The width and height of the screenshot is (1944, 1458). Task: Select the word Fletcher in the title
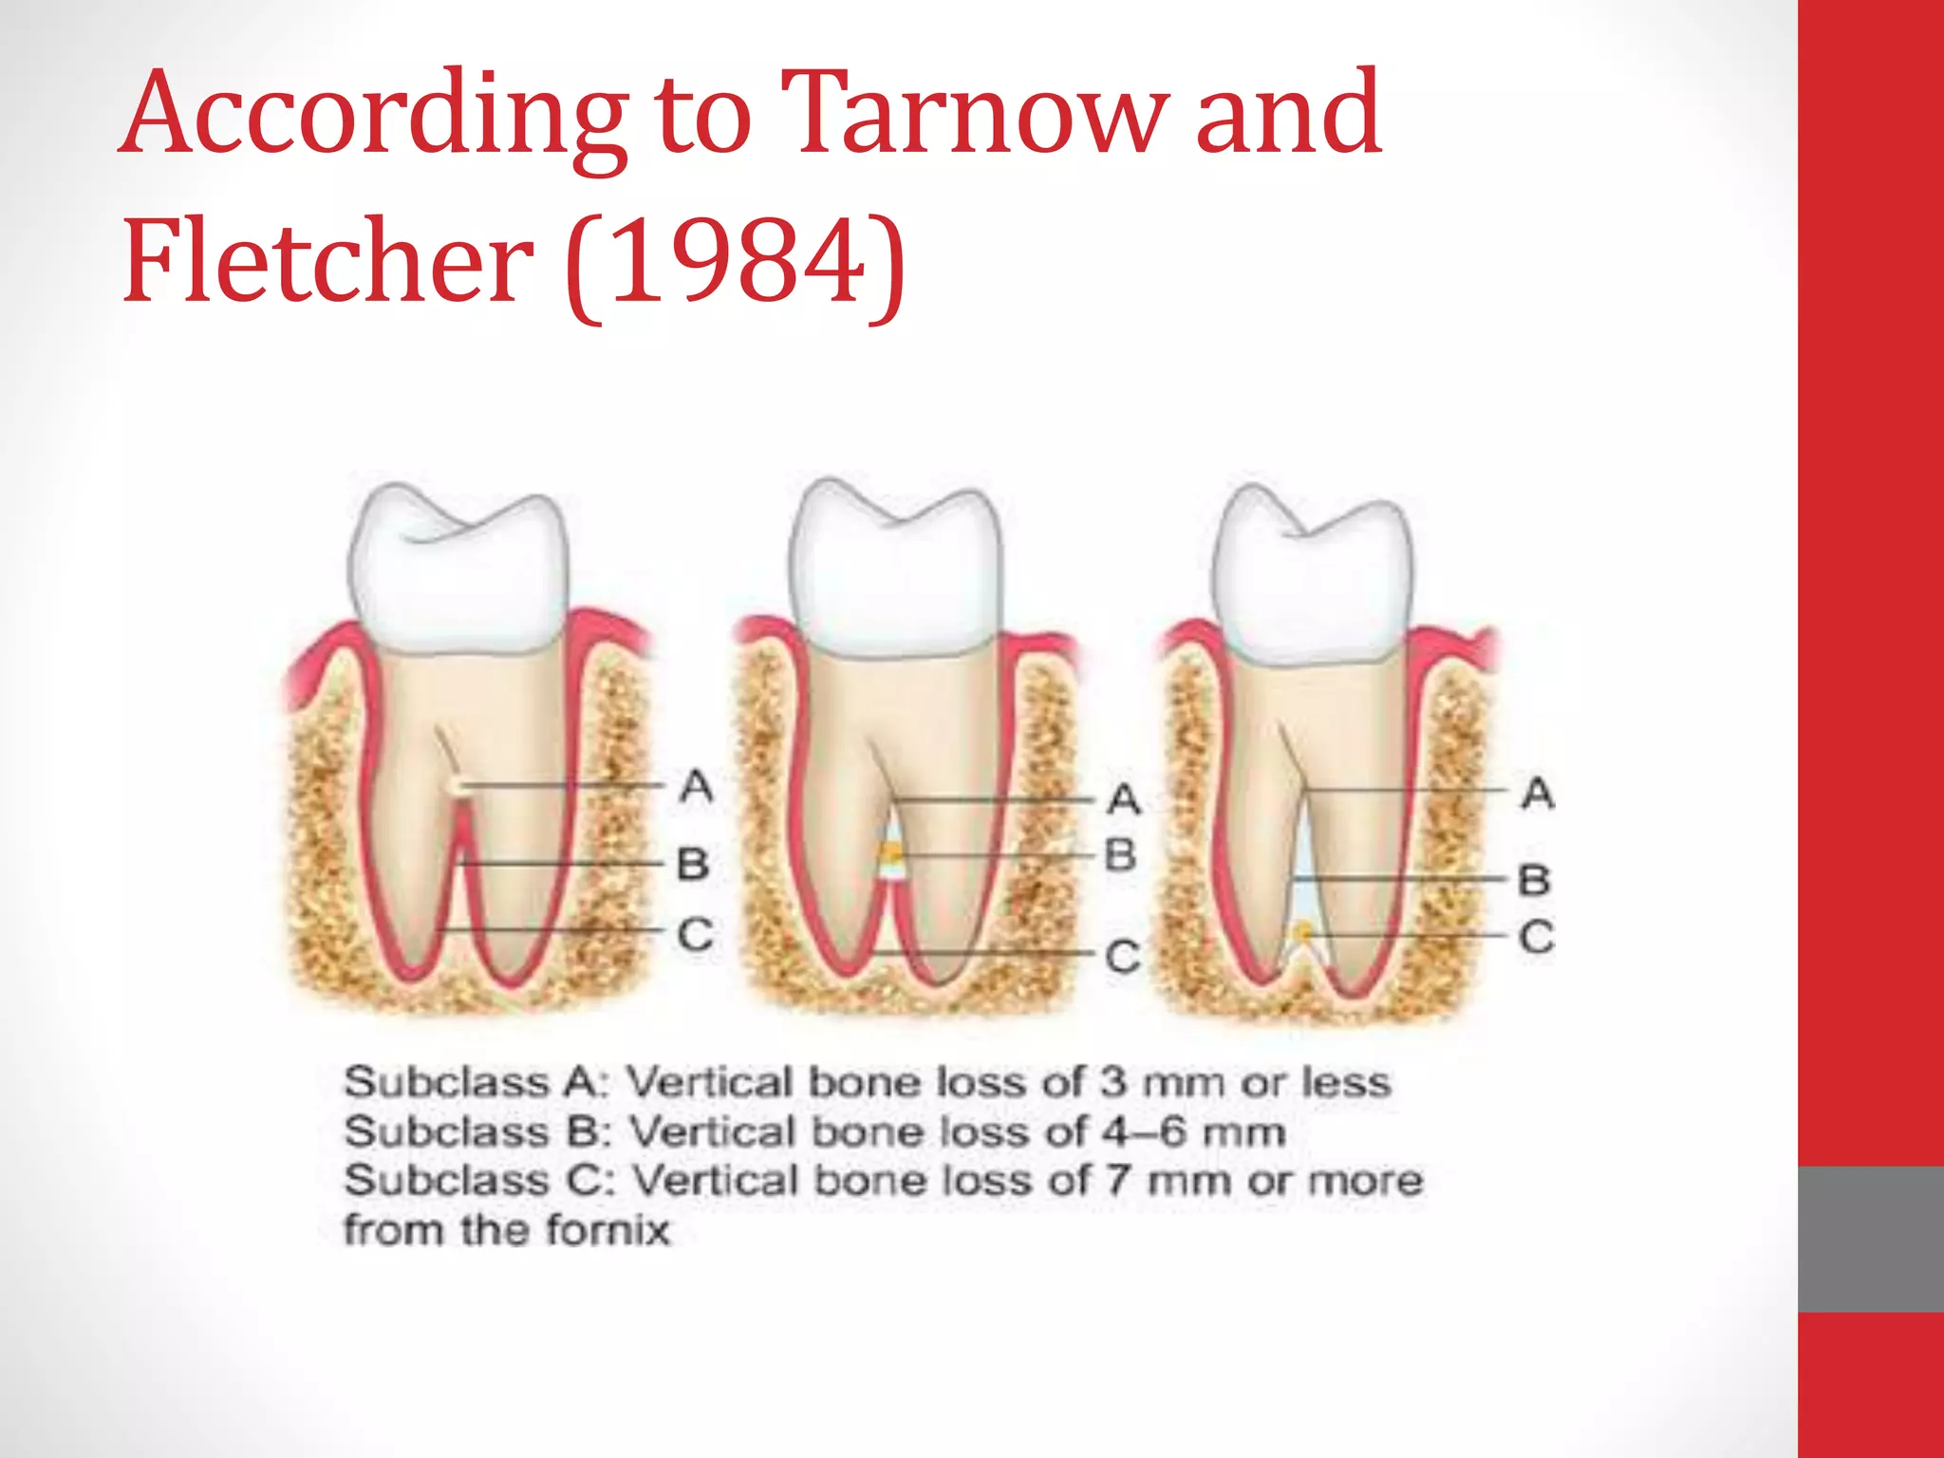(327, 261)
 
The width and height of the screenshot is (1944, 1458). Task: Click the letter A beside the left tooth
(697, 786)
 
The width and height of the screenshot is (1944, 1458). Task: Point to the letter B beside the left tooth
(694, 864)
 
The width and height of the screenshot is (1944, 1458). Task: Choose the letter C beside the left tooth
(695, 935)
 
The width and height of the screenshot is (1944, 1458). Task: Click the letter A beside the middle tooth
(1124, 799)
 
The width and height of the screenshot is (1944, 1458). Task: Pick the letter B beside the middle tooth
(1121, 855)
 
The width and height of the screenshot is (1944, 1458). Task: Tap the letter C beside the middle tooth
(1123, 956)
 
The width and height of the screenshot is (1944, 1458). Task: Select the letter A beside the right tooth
(1538, 793)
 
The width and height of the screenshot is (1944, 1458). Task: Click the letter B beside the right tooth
(1535, 880)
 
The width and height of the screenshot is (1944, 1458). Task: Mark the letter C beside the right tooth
(1537, 938)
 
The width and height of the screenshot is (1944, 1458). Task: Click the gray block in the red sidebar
(1871, 1239)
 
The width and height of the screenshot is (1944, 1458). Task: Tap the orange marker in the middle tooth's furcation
(891, 855)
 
